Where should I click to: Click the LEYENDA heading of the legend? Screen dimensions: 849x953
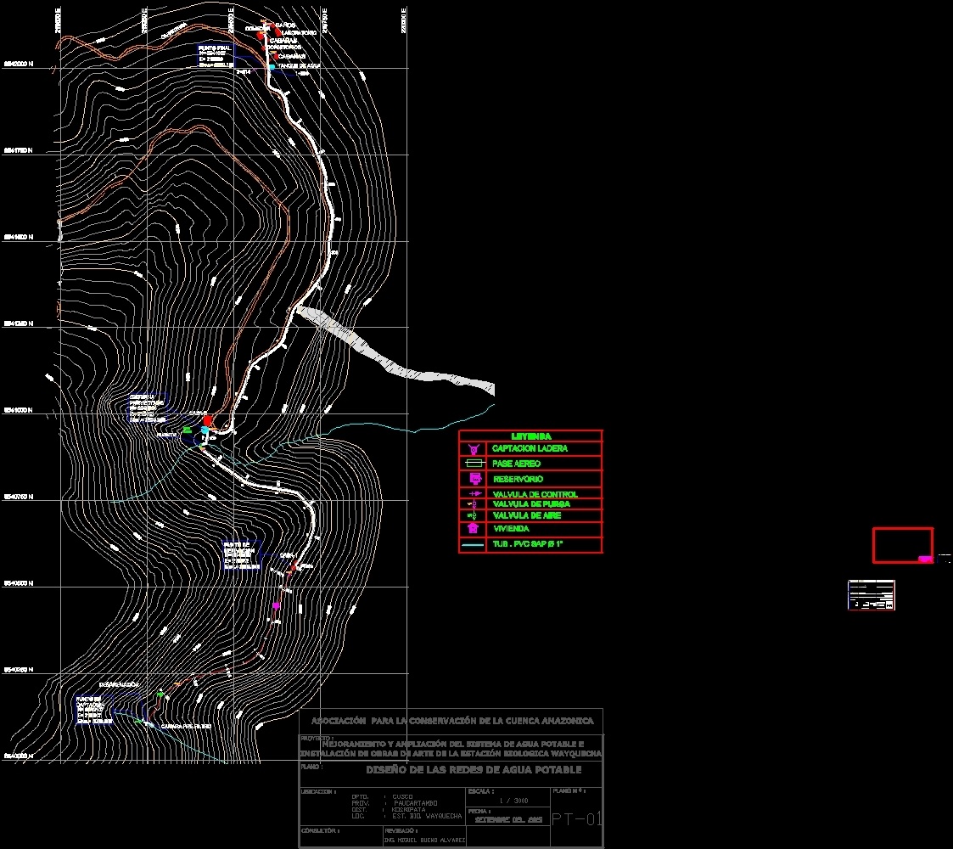point(531,436)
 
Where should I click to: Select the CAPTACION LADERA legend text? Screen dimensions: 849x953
point(530,448)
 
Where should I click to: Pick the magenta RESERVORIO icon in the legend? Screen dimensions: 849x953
point(474,479)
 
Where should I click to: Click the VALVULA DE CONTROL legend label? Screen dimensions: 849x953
point(535,494)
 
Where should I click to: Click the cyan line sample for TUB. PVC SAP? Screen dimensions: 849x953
point(474,544)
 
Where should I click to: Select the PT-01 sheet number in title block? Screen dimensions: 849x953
point(576,819)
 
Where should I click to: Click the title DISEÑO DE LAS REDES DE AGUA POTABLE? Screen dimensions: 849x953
point(473,770)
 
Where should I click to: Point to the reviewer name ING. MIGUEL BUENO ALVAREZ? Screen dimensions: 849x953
point(424,841)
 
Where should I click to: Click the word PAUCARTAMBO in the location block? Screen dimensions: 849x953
point(416,802)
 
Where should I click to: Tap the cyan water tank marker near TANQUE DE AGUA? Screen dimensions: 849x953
point(272,66)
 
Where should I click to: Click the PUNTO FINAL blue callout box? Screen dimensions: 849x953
point(216,56)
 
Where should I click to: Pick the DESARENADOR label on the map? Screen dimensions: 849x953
point(119,684)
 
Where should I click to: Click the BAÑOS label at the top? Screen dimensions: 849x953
point(285,25)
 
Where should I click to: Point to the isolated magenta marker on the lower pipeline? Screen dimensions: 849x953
point(276,605)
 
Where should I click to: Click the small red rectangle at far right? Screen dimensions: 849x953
point(903,545)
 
